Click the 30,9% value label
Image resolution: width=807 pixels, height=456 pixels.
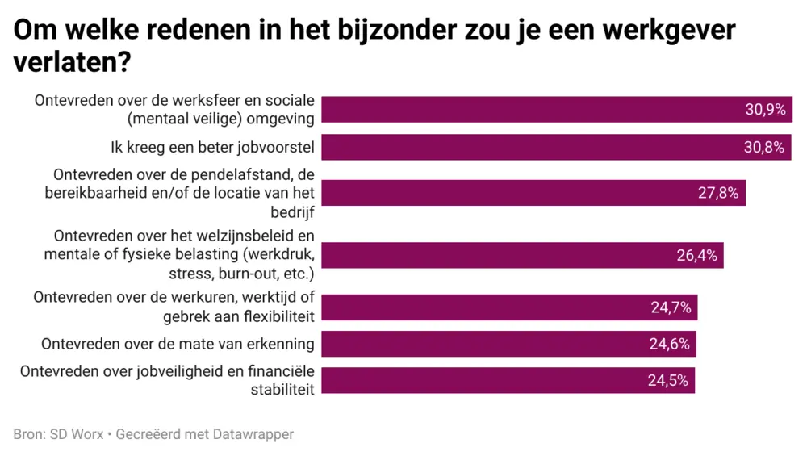[765, 110]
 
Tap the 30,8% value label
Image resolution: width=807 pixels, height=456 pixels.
[765, 147]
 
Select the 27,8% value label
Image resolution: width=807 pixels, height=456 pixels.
[717, 193]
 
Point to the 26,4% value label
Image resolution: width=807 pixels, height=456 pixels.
[696, 256]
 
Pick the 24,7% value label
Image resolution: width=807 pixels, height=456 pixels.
[671, 307]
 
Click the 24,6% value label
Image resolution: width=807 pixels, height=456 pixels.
[669, 344]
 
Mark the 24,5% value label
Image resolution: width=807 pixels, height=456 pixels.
[667, 381]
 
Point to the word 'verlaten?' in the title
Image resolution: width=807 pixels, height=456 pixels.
[73, 64]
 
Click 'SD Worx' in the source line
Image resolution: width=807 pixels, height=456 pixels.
[76, 434]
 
